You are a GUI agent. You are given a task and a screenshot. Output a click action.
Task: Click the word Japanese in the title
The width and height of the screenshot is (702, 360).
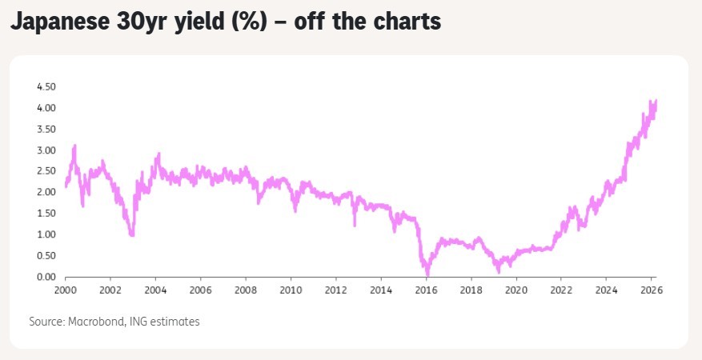pyautogui.click(x=59, y=22)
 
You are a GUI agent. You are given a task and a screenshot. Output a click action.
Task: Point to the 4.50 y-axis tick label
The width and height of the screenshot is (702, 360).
pyautogui.click(x=46, y=86)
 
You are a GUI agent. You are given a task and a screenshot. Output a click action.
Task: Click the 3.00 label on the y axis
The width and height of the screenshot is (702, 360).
pyautogui.click(x=46, y=150)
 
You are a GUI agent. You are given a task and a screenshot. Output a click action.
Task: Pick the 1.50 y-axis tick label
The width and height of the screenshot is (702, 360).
pyautogui.click(x=46, y=214)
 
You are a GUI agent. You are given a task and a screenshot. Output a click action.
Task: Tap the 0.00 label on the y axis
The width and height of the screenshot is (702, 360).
pyautogui.click(x=46, y=278)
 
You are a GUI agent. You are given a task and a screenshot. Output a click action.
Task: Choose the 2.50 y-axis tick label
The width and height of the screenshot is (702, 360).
pyautogui.click(x=46, y=171)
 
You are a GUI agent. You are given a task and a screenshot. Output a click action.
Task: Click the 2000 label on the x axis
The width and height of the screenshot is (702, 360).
pyautogui.click(x=66, y=290)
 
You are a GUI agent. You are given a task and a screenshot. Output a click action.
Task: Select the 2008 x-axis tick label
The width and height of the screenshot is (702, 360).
pyautogui.click(x=246, y=290)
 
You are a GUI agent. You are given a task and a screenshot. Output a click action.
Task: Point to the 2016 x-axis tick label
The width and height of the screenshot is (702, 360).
pyautogui.click(x=426, y=290)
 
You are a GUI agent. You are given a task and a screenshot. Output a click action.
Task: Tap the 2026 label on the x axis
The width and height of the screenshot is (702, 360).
pyautogui.click(x=652, y=290)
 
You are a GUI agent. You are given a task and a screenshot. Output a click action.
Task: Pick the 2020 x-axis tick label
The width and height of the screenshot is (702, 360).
pyautogui.click(x=516, y=290)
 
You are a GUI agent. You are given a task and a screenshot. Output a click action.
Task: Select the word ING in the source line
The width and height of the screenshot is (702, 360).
pyautogui.click(x=138, y=322)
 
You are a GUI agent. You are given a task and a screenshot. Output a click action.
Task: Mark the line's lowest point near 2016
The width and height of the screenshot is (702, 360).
pyautogui.click(x=427, y=274)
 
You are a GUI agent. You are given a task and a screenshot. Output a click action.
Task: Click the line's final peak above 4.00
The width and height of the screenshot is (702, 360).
pyautogui.click(x=656, y=101)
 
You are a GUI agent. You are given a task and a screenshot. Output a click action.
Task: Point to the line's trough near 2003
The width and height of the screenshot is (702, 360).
pyautogui.click(x=131, y=234)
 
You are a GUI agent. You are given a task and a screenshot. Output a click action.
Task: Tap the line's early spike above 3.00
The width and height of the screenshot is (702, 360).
pyautogui.click(x=74, y=146)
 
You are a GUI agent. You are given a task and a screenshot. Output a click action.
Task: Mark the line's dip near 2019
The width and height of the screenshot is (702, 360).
pyautogui.click(x=499, y=271)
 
